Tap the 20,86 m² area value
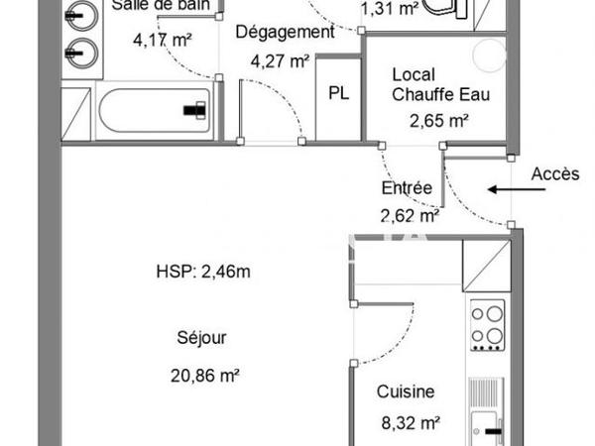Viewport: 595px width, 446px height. point(205,376)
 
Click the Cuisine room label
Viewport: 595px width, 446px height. point(405,392)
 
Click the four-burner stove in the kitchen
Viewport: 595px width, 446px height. point(486,326)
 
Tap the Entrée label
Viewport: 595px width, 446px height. point(407,188)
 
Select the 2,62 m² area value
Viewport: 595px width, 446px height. point(409,214)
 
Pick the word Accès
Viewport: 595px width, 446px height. point(554,173)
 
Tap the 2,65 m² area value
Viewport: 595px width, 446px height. point(438,121)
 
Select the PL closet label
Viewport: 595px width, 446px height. point(338,92)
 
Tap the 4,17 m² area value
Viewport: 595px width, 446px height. point(162,41)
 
